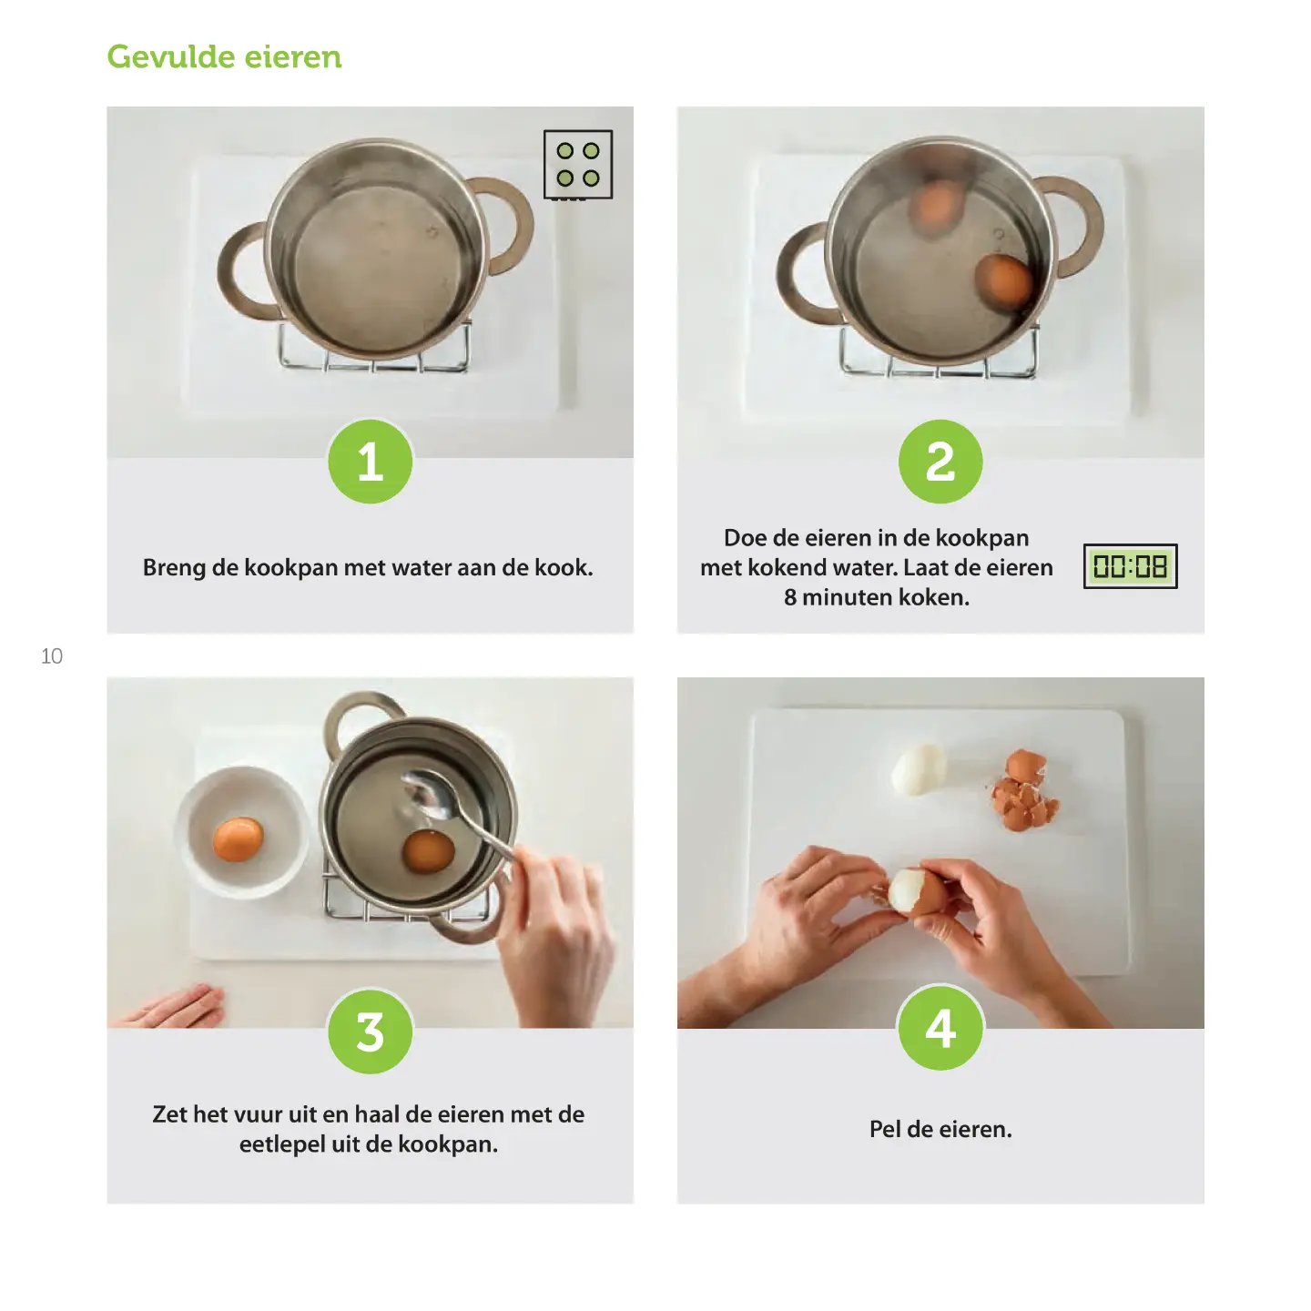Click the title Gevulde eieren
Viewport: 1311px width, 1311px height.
(x=224, y=56)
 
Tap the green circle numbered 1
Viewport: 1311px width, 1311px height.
(x=371, y=462)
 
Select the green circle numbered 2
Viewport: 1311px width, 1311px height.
(x=940, y=462)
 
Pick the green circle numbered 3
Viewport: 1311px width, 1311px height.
(x=371, y=1032)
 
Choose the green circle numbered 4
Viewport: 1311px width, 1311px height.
(x=940, y=1027)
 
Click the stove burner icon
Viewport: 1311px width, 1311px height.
(x=577, y=165)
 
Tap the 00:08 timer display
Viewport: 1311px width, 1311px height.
(x=1130, y=566)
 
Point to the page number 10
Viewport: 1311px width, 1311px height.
(x=52, y=655)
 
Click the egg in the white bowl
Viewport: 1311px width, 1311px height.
(x=239, y=838)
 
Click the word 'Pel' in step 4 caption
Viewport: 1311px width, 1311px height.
(x=884, y=1129)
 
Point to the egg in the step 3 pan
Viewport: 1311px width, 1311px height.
(x=428, y=851)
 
